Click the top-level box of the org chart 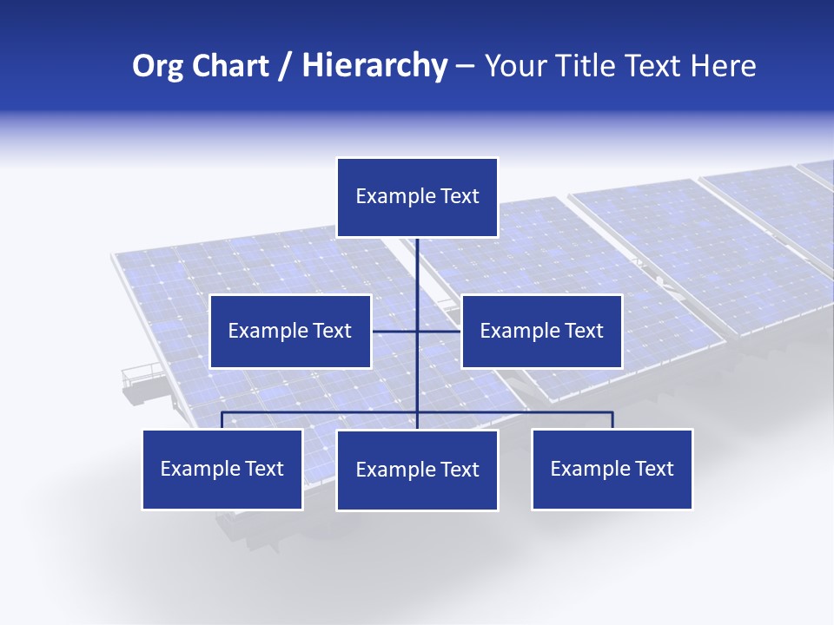coord(417,197)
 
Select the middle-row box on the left coord(290,331)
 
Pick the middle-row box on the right coord(541,331)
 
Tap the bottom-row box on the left coord(222,469)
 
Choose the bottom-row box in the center coord(417,470)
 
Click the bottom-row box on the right coord(612,469)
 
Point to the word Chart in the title coord(229,66)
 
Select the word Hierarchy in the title coord(374,66)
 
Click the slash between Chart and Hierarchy coord(285,67)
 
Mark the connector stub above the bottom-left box coord(222,421)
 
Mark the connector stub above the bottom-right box coord(612,421)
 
